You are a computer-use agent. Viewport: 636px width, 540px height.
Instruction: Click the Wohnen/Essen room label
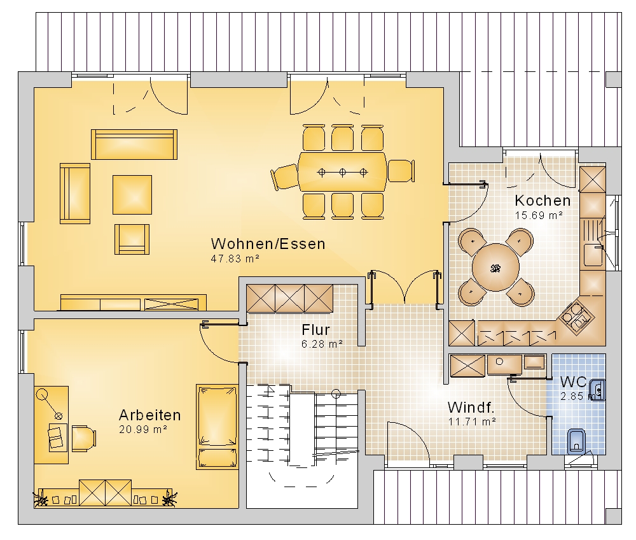[x=268, y=244]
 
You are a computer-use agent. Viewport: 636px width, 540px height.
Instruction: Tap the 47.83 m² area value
[x=235, y=259]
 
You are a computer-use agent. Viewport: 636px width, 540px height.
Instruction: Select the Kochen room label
[x=543, y=200]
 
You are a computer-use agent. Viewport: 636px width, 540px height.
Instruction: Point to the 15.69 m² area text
[x=539, y=215]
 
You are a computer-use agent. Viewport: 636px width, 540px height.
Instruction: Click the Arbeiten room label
[x=149, y=415]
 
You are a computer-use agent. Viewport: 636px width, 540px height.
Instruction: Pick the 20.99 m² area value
[x=143, y=429]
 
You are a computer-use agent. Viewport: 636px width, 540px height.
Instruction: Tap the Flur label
[x=315, y=329]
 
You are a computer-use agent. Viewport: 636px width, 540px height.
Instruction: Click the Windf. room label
[x=471, y=407]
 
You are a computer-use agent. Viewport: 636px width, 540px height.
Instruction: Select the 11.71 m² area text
[x=472, y=422]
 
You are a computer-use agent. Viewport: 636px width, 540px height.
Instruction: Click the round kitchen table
[x=495, y=267]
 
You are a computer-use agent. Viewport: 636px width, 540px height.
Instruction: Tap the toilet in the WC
[x=576, y=441]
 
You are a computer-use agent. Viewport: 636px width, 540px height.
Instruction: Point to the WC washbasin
[x=597, y=390]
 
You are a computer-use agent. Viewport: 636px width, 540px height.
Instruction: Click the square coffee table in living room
[x=132, y=195]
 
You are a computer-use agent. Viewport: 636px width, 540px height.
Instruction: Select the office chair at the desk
[x=84, y=439]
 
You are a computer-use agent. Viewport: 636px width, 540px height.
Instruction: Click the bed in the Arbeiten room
[x=217, y=427]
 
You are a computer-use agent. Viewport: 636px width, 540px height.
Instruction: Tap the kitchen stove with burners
[x=576, y=315]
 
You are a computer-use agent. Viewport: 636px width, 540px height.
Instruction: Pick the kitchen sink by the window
[x=593, y=254]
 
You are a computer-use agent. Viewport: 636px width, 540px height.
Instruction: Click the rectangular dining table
[x=343, y=172]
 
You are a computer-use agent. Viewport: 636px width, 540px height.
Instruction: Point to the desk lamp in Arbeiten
[x=50, y=404]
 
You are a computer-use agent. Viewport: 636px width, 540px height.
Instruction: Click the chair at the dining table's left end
[x=285, y=176]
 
